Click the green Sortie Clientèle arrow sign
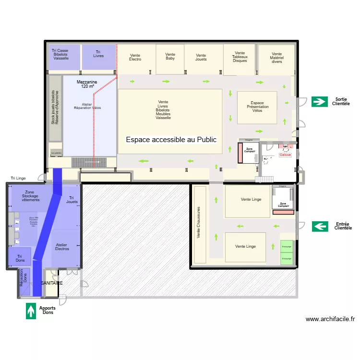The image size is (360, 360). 319,101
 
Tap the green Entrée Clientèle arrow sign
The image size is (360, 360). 320,226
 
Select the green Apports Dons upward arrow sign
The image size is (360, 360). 31,311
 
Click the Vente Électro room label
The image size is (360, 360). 135,57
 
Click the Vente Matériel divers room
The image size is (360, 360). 276,58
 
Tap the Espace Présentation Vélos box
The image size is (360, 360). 257,107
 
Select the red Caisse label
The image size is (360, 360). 285,155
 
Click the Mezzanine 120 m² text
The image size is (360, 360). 87,84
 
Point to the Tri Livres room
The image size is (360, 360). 98,54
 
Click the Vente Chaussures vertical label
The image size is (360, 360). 198,225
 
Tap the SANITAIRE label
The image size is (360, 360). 51,283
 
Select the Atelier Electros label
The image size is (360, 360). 62,247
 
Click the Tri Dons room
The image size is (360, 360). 20,257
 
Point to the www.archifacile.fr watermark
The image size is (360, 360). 330,319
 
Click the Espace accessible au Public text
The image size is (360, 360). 171,140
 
